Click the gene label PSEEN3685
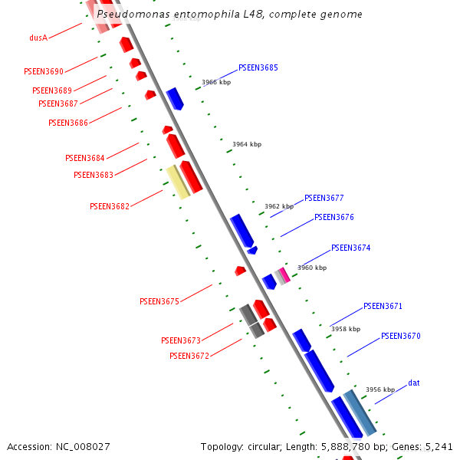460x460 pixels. pos(258,67)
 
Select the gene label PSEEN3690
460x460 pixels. pos(44,72)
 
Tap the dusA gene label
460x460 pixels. pos(38,38)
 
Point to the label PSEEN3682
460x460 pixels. pos(110,206)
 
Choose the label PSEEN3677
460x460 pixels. pos(324,198)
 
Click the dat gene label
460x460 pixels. pos(413,383)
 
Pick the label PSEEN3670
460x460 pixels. pos(400,336)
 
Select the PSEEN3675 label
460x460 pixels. pos(159,302)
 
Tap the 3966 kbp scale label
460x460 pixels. pos(216,82)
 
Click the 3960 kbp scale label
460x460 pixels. pos(312,268)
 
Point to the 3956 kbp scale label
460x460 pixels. pos(380,389)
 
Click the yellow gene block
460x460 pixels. pos(178,182)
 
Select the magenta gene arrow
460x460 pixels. pos(284,274)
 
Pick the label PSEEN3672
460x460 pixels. pos(189,356)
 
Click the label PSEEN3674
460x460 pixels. pos(350,248)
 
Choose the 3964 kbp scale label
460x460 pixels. pos(247,144)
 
